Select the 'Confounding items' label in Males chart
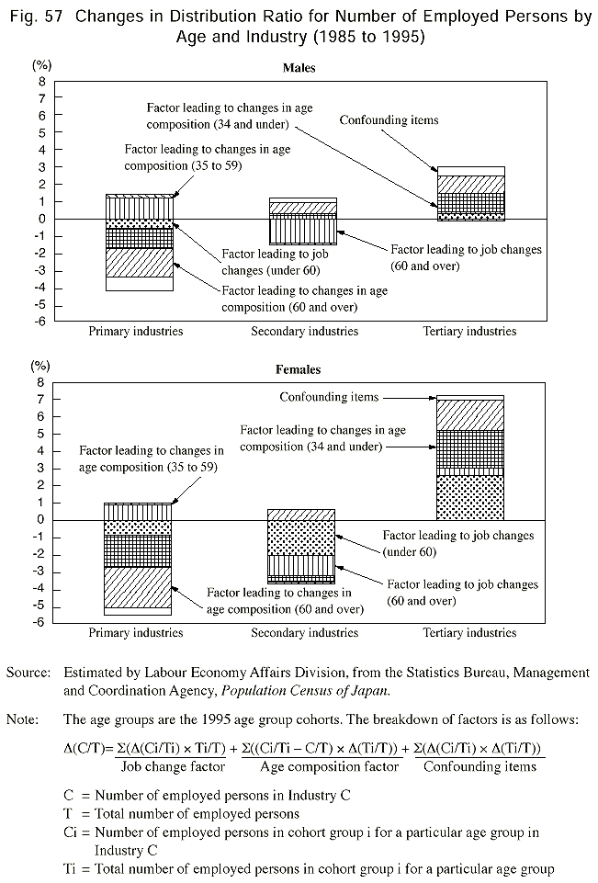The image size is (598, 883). coord(389,120)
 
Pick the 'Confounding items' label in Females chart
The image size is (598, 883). coord(329,397)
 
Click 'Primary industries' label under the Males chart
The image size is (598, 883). coord(135,331)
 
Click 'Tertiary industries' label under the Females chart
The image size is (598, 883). coord(469,632)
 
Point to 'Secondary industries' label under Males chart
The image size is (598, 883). coord(303,331)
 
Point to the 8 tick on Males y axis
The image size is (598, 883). coord(41,81)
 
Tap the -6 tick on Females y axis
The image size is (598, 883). coord(39,622)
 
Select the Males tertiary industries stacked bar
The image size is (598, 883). coord(470,194)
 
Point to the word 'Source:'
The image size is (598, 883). coord(27,673)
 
